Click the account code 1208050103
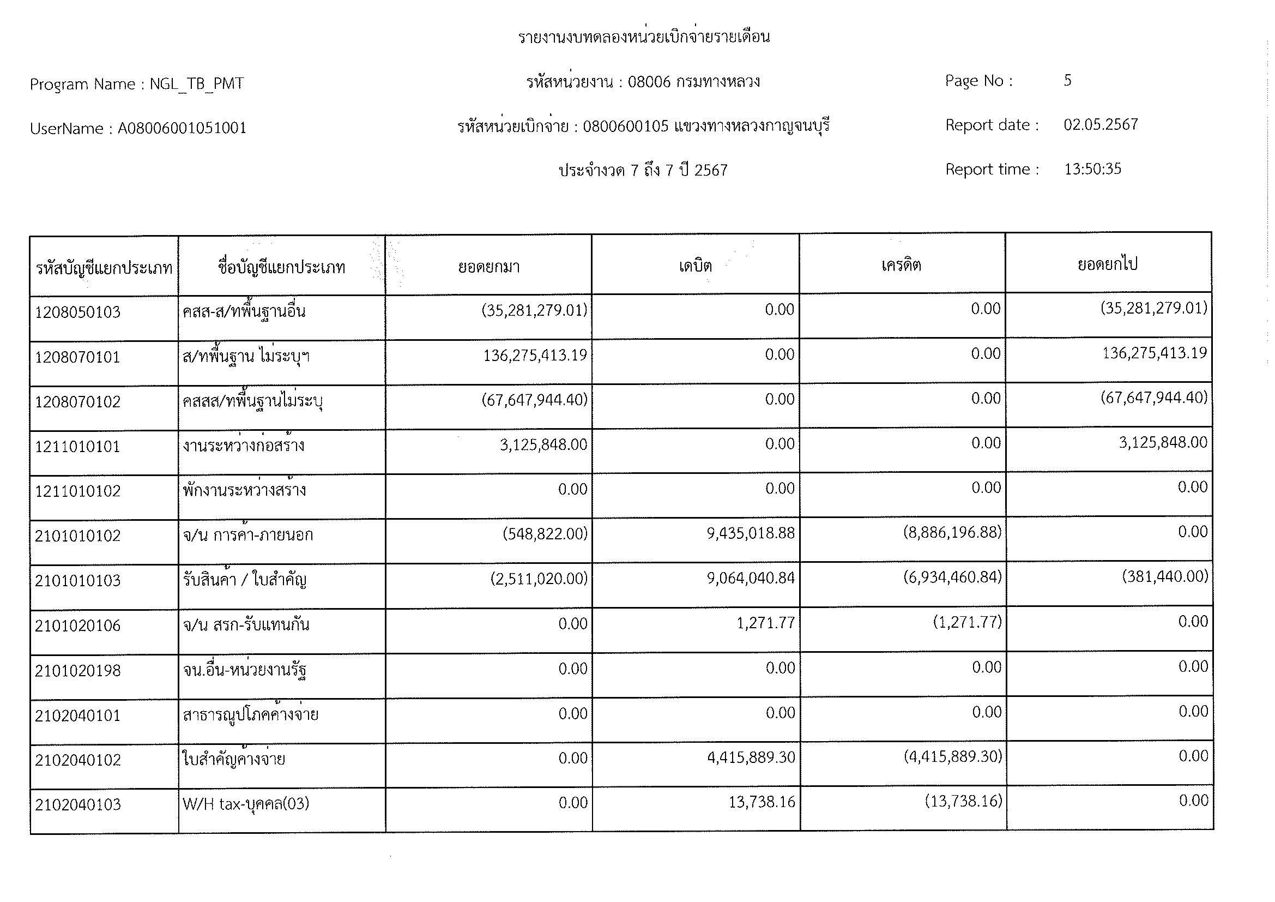pyautogui.click(x=78, y=312)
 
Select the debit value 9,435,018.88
pyautogui.click(x=750, y=533)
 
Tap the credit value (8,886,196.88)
pyautogui.click(x=952, y=533)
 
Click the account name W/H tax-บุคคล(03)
pyautogui.click(x=245, y=804)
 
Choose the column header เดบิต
pyautogui.click(x=695, y=266)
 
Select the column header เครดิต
pyautogui.click(x=901, y=265)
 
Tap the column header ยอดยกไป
pyautogui.click(x=1108, y=264)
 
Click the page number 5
pyautogui.click(x=1067, y=81)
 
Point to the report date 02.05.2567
pyautogui.click(x=1101, y=124)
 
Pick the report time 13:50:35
pyautogui.click(x=1092, y=169)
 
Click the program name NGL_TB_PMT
pyautogui.click(x=197, y=84)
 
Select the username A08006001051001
pyautogui.click(x=182, y=128)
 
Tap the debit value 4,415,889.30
pyautogui.click(x=751, y=757)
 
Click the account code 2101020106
pyautogui.click(x=78, y=626)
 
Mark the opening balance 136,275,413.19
pyautogui.click(x=535, y=355)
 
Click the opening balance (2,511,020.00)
pyautogui.click(x=538, y=579)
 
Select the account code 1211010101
pyautogui.click(x=78, y=447)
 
